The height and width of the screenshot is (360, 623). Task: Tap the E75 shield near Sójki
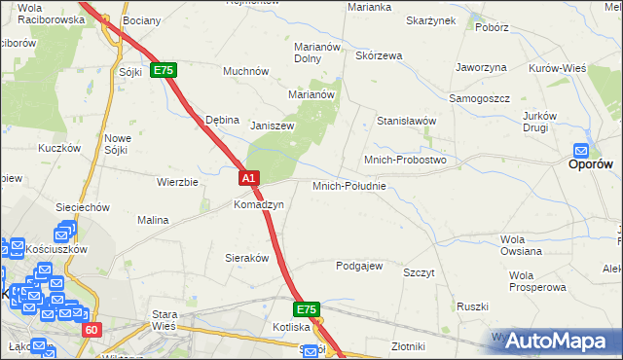[163, 71]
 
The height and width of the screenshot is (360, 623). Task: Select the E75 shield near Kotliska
[307, 309]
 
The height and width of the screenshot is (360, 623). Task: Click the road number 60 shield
[91, 330]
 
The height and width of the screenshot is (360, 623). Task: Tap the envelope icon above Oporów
[581, 151]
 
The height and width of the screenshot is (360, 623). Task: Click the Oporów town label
[590, 165]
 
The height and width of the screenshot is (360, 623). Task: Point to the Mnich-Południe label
[349, 186]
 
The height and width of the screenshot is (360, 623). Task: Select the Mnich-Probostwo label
[404, 160]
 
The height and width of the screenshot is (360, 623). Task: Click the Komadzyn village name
[258, 205]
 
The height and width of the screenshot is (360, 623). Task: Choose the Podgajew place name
[359, 266]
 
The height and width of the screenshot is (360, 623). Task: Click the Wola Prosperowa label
[536, 281]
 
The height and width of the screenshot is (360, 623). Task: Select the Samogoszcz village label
[479, 99]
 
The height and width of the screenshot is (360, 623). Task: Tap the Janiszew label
[272, 126]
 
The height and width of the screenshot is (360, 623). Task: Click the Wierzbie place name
[177, 182]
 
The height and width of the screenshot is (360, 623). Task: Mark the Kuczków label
[57, 148]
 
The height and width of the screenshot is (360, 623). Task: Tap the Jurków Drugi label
[536, 121]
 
